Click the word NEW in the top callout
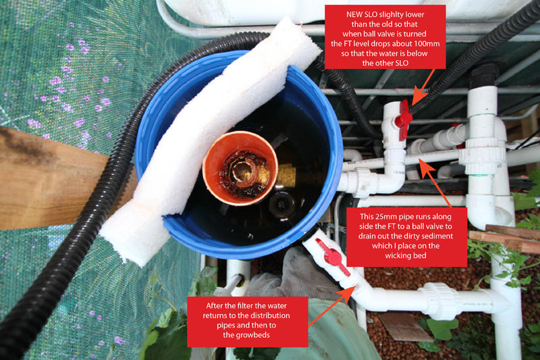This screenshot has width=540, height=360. point(353,14)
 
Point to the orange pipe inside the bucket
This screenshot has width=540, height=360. point(240,168)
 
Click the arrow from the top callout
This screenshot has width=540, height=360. point(423,87)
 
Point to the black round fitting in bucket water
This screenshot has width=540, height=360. point(282,205)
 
